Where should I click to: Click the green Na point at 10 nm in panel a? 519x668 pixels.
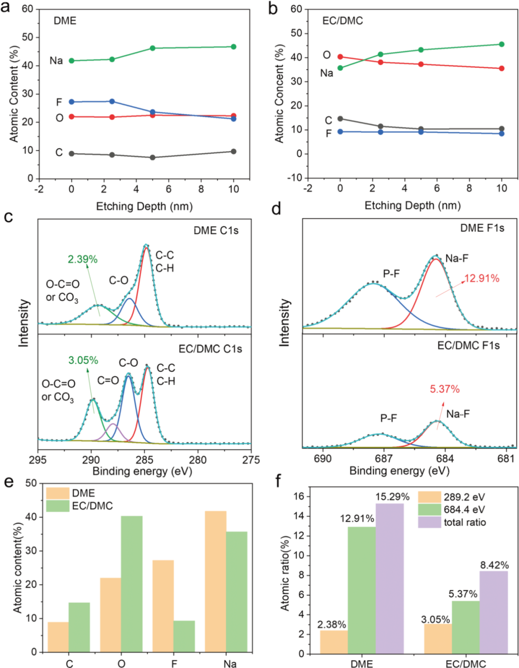coord(234,47)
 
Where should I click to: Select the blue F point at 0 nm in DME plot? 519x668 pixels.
coord(72,102)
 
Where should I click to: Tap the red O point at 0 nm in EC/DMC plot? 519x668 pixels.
coord(340,57)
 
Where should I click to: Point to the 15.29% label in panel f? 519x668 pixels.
coord(392,497)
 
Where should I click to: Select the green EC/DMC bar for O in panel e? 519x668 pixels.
coord(132,583)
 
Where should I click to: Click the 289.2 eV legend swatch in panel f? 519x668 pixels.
coord(429,497)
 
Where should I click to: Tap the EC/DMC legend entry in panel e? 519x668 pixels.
coord(92,506)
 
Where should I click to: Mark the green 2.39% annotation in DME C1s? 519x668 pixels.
coord(83,260)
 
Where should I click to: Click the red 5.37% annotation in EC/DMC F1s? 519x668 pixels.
coord(445,389)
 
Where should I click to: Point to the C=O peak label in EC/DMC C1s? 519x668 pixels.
coord(108,381)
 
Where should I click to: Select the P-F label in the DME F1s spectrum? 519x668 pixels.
coord(391,274)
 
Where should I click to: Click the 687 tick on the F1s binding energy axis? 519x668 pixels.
coord(383,458)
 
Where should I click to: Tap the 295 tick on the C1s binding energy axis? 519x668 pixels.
coord(38,459)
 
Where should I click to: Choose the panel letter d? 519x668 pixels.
coord(276,209)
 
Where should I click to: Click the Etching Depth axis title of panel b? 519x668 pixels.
coord(412,206)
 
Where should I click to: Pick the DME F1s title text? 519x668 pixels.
coord(482,228)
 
